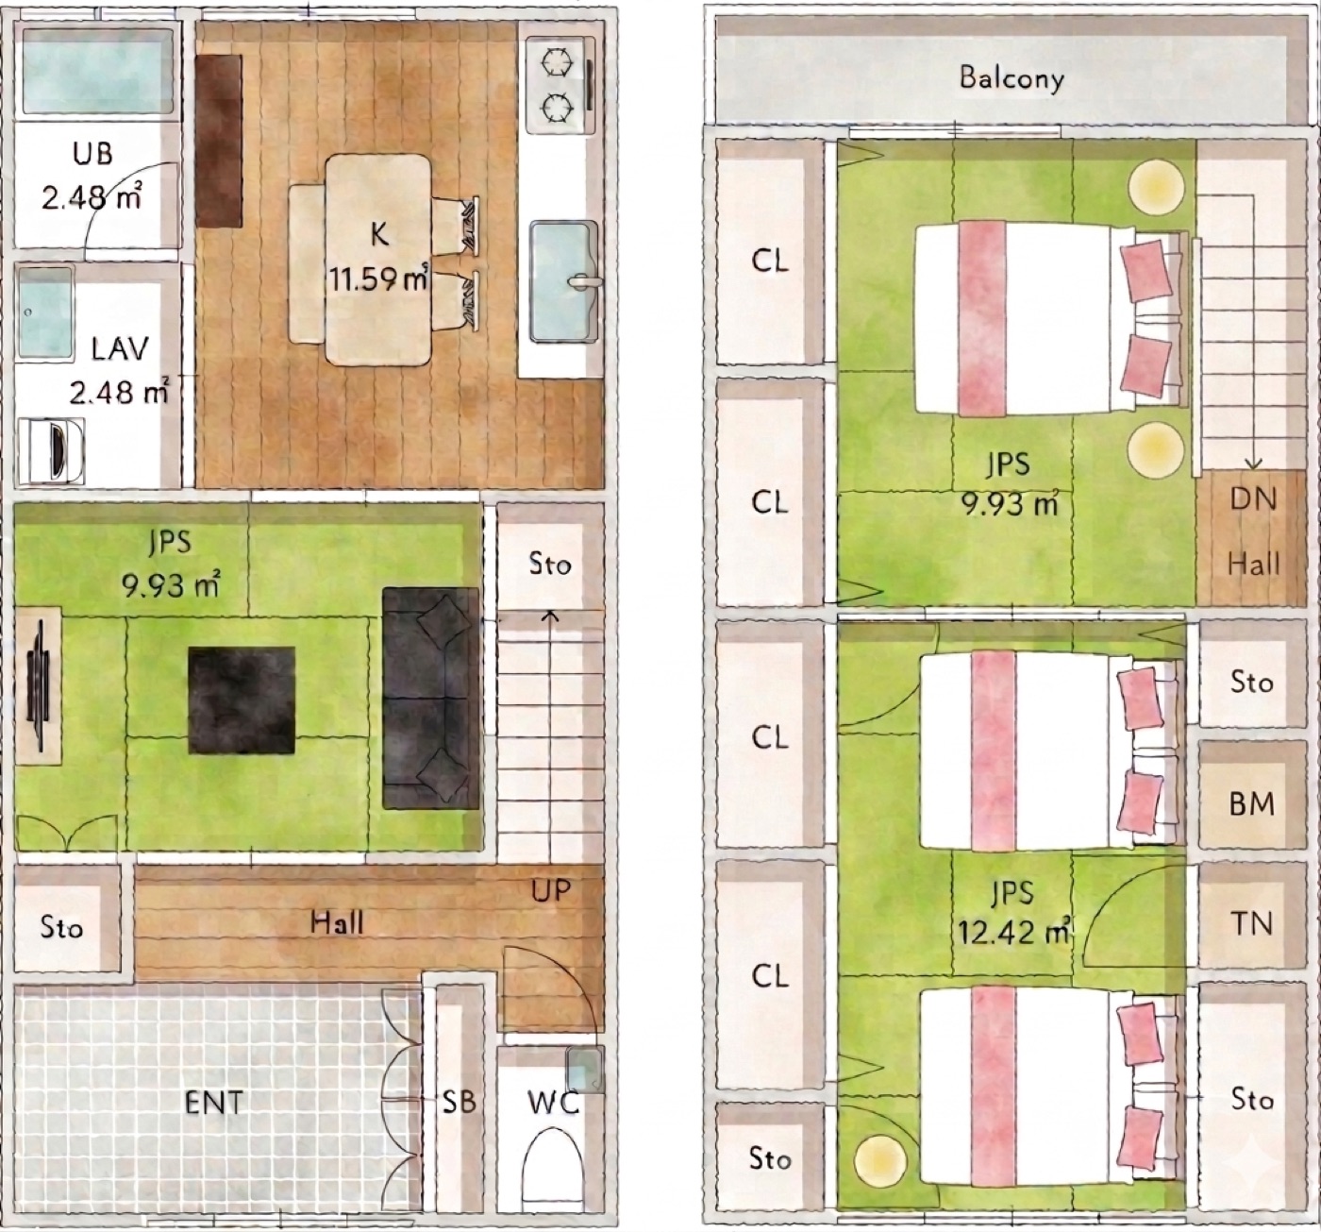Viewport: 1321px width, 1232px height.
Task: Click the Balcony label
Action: [x=1012, y=79]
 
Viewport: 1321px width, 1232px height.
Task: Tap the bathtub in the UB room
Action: [x=98, y=71]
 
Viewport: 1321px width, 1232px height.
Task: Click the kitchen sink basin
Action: [x=562, y=281]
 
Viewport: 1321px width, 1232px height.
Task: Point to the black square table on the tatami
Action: [x=242, y=700]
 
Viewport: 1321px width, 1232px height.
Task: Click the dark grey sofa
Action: [x=431, y=699]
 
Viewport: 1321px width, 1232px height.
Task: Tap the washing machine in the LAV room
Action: [x=51, y=450]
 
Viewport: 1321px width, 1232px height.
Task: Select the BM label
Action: [x=1252, y=804]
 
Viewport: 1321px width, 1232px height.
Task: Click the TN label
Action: [x=1252, y=924]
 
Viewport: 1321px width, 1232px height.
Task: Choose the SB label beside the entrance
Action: [x=460, y=1103]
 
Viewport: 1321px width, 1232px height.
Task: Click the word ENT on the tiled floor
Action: [x=214, y=1103]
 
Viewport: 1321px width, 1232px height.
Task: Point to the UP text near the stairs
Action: [x=551, y=890]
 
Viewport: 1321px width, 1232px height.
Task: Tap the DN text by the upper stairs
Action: [x=1253, y=499]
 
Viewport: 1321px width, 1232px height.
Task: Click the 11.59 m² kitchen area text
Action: [x=377, y=278]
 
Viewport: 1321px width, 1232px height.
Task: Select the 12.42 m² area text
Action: [x=1013, y=932]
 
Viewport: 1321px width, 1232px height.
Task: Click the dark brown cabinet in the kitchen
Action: [x=219, y=141]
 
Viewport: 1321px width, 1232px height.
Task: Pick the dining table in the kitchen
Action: [x=377, y=260]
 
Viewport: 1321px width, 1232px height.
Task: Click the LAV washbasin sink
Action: [x=45, y=313]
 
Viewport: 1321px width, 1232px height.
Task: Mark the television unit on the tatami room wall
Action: [x=39, y=685]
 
